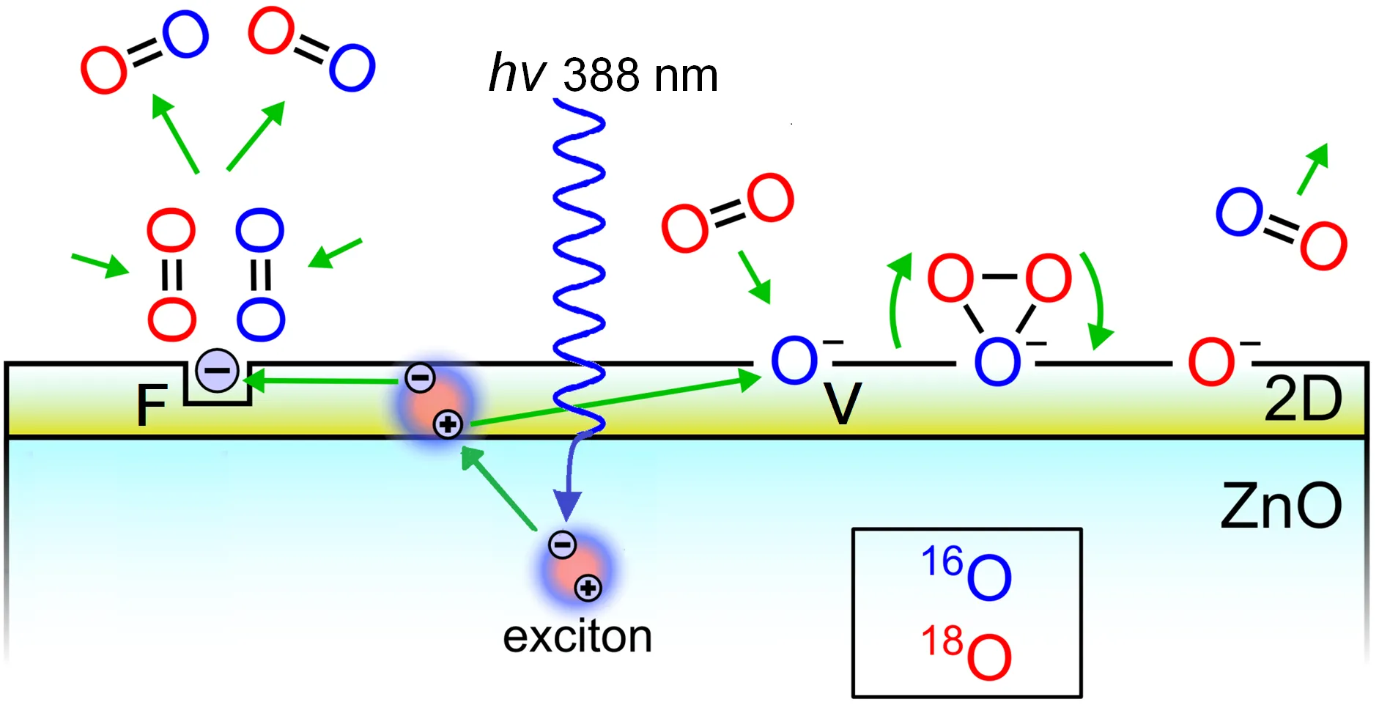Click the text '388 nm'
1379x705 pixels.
coord(640,75)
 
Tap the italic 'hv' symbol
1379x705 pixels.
coord(517,73)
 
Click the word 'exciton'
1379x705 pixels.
coord(577,636)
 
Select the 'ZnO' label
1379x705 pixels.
coord(1281,506)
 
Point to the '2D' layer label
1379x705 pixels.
coord(1303,399)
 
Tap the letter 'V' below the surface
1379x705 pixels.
coord(842,403)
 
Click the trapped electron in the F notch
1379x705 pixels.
coord(218,371)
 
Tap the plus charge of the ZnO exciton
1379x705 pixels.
coord(588,588)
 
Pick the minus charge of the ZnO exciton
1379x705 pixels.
coord(562,545)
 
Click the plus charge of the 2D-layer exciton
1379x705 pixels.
coord(448,424)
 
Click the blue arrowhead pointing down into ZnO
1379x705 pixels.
coord(567,504)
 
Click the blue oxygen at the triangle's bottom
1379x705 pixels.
coord(997,361)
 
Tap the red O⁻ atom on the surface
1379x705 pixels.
coord(1211,361)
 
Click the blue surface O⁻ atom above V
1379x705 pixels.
coord(794,361)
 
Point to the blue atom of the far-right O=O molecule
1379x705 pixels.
coord(1239,212)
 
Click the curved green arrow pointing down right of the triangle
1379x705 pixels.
coord(1096,300)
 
